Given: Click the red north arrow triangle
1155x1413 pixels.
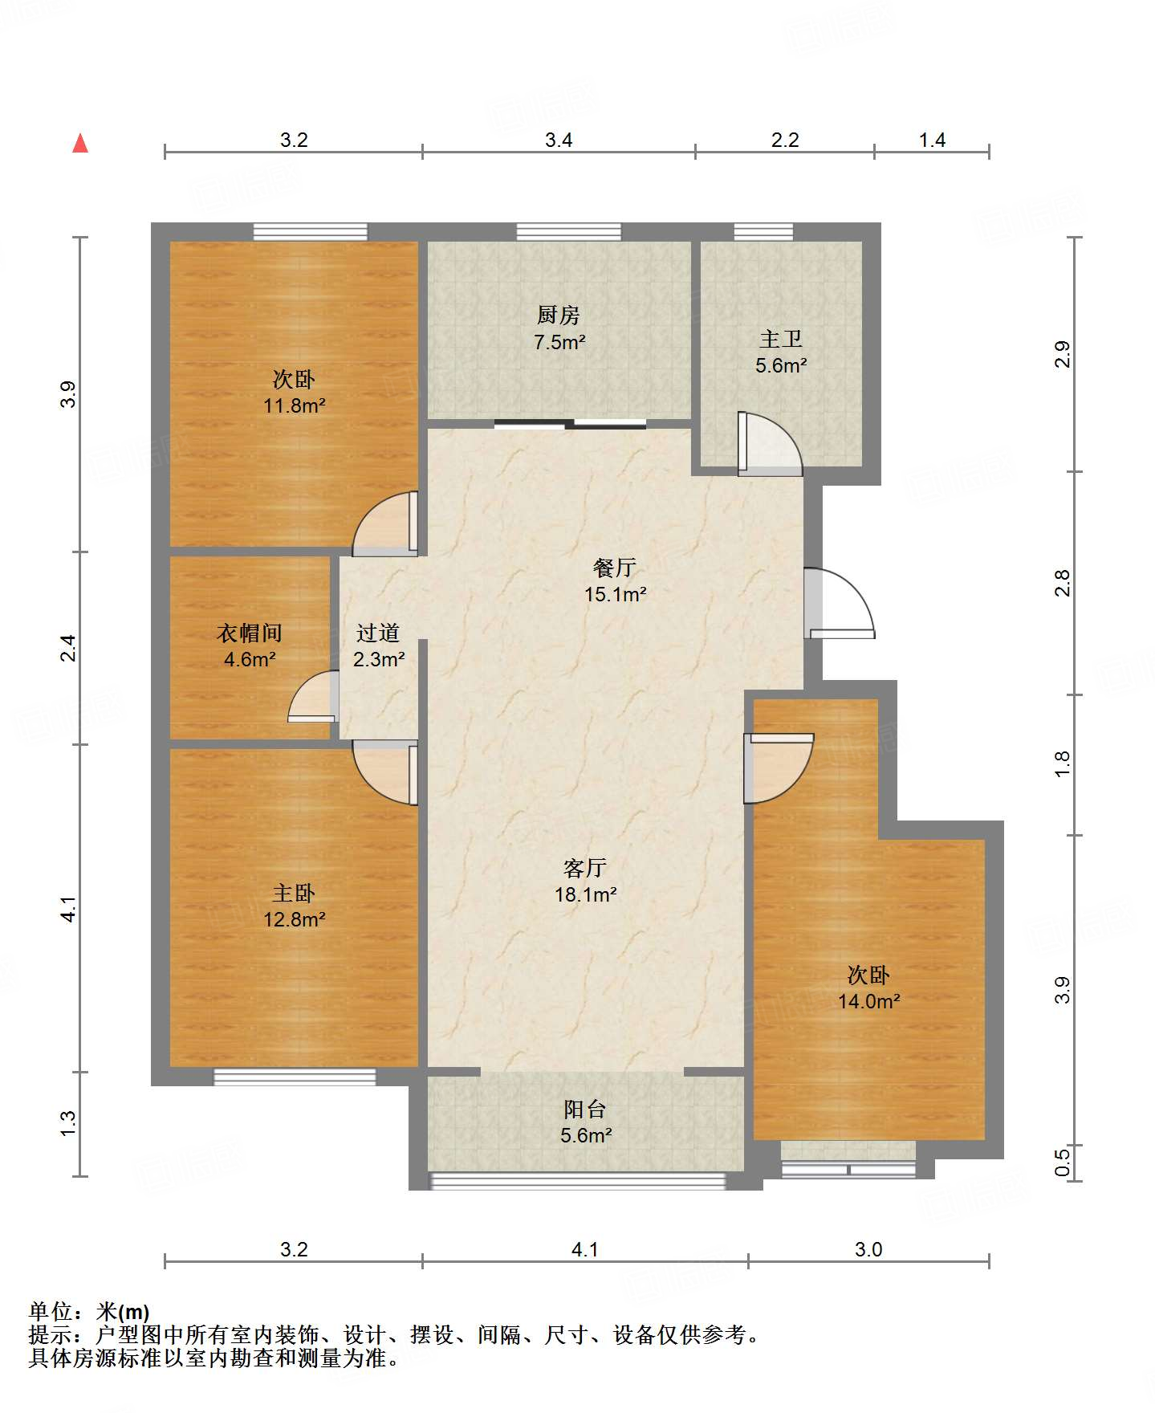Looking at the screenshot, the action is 80,143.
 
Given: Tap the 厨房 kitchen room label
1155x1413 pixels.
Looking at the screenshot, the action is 559,315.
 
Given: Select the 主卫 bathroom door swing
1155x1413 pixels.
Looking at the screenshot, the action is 770,443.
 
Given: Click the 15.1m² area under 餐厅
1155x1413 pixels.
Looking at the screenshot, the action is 616,595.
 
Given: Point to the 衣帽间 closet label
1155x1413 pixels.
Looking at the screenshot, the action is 250,633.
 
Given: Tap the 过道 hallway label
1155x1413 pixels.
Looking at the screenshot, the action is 378,633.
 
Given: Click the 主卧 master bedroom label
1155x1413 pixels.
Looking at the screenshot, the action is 294,893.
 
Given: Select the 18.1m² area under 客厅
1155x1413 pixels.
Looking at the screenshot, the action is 586,894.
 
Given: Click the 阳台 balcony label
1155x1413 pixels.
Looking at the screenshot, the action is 585,1110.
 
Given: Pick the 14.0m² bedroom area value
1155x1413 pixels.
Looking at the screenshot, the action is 869,1001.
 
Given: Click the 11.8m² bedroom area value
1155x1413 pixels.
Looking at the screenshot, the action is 295,405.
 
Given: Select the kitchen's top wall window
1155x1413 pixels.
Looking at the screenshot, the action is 568,232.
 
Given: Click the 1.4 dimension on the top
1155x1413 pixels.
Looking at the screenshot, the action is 932,140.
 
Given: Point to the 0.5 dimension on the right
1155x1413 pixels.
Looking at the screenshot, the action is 1063,1163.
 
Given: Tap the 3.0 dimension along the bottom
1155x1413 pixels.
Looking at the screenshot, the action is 868,1249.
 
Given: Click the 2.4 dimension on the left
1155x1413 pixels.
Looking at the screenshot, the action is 70,648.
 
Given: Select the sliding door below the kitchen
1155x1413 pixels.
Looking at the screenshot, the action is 570,424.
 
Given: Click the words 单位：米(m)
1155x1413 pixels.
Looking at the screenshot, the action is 89,1312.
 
